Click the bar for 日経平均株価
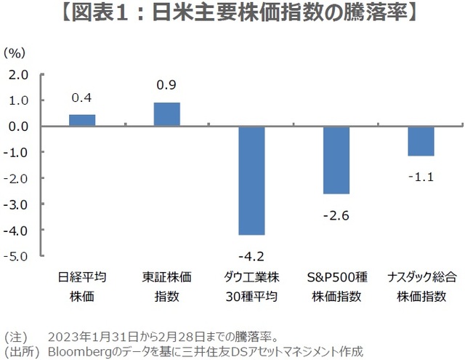(x=82, y=120)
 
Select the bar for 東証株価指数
(x=167, y=114)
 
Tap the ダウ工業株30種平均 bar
(x=251, y=180)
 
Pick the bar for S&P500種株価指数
(x=336, y=160)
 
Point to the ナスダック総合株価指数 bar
(x=421, y=141)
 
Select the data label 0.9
(x=166, y=85)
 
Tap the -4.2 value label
(x=251, y=255)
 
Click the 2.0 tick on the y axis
(x=19, y=74)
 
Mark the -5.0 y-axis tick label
(x=17, y=256)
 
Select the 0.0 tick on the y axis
(x=19, y=127)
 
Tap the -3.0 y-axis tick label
(x=17, y=204)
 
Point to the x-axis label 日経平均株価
(x=82, y=287)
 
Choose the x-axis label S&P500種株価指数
(x=336, y=287)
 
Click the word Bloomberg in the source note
(x=76, y=351)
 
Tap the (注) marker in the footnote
(x=15, y=337)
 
